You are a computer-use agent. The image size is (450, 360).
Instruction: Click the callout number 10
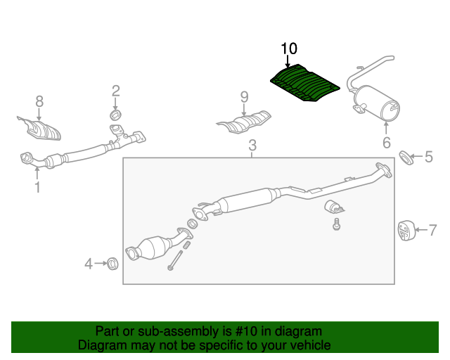pyautogui.click(x=289, y=49)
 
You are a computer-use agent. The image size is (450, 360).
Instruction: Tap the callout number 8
pyautogui.click(x=39, y=101)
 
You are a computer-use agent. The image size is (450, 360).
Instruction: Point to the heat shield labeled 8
pyautogui.click(x=41, y=129)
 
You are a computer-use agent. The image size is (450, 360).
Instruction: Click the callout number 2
pyautogui.click(x=115, y=90)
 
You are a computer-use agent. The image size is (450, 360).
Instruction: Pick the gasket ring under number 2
pyautogui.click(x=115, y=114)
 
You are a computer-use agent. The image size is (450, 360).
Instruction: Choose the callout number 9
pyautogui.click(x=244, y=96)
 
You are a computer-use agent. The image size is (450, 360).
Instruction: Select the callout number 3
pyautogui.click(x=252, y=146)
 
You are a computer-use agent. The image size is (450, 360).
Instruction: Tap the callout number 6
pyautogui.click(x=386, y=143)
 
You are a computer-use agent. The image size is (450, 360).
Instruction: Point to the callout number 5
pyautogui.click(x=428, y=157)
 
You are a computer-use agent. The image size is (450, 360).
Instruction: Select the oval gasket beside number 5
pyautogui.click(x=406, y=156)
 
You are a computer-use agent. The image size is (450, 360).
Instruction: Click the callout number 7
pyautogui.click(x=432, y=229)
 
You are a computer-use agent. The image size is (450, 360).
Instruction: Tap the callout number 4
pyautogui.click(x=89, y=264)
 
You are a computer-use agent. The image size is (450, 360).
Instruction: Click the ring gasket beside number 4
pyautogui.click(x=111, y=264)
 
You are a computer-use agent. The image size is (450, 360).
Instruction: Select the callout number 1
pyautogui.click(x=37, y=187)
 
